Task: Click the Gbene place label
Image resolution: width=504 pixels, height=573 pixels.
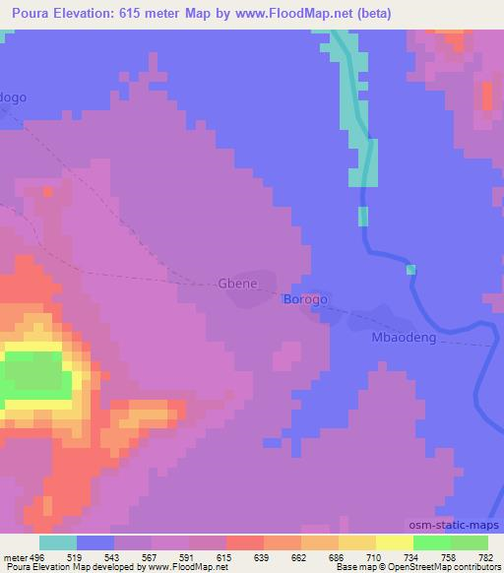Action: (237, 284)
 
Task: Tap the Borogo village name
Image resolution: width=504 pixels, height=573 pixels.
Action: (305, 298)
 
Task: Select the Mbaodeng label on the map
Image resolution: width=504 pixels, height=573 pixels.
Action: (402, 337)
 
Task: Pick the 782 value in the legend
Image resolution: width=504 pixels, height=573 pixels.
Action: (486, 556)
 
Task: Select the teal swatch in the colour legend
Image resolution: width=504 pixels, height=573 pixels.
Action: (58, 542)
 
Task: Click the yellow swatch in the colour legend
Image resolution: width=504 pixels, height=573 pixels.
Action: (394, 542)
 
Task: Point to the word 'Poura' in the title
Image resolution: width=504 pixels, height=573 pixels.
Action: (27, 14)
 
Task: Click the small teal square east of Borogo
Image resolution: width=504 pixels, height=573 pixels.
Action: (410, 270)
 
